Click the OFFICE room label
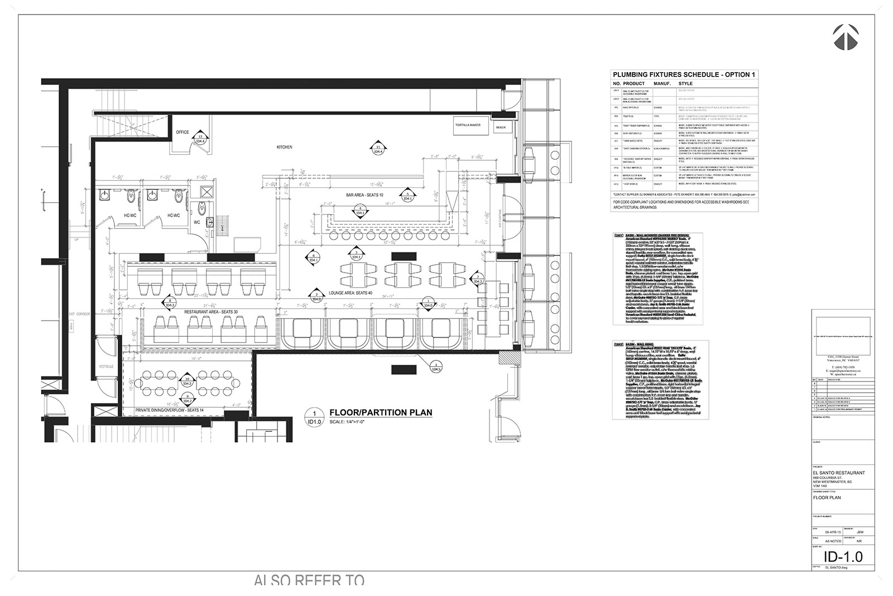pos(183,132)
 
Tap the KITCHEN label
pos(285,147)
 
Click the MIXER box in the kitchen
pos(500,127)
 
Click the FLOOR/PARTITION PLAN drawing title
pos(381,413)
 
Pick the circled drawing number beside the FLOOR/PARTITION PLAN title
pos(314,417)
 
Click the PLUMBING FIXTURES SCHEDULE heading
pos(684,74)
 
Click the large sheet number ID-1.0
pos(843,557)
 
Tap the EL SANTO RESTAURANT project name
pos(839,473)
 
